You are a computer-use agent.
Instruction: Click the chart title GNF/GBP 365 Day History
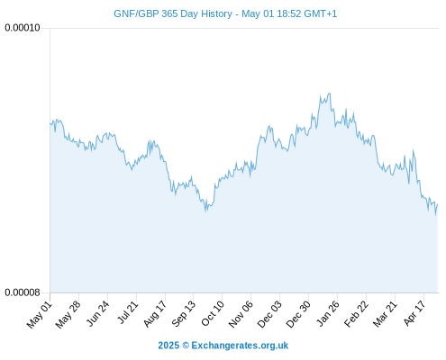pyautogui.click(x=173, y=13)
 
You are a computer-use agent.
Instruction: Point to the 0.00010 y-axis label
pyautogui.click(x=23, y=28)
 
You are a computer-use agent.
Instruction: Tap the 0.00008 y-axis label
pyautogui.click(x=23, y=292)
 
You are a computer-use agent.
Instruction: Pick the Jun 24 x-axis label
pyautogui.click(x=97, y=314)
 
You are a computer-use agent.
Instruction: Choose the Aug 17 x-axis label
pyautogui.click(x=155, y=314)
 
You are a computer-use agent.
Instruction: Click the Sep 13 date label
pyautogui.click(x=184, y=314)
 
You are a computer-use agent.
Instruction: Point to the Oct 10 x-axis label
pyautogui.click(x=213, y=314)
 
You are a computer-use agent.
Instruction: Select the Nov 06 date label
pyautogui.click(x=241, y=314)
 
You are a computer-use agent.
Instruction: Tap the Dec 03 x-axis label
pyautogui.click(x=269, y=314)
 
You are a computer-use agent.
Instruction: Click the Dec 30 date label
pyautogui.click(x=298, y=314)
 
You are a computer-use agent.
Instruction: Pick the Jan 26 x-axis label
pyautogui.click(x=328, y=313)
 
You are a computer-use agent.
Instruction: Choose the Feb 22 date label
pyautogui.click(x=356, y=314)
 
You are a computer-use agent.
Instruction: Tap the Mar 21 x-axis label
pyautogui.click(x=386, y=314)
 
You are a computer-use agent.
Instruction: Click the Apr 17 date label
pyautogui.click(x=414, y=313)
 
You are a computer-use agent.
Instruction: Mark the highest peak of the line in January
pyautogui.click(x=330, y=94)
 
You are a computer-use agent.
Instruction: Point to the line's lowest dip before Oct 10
pyautogui.click(x=205, y=211)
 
